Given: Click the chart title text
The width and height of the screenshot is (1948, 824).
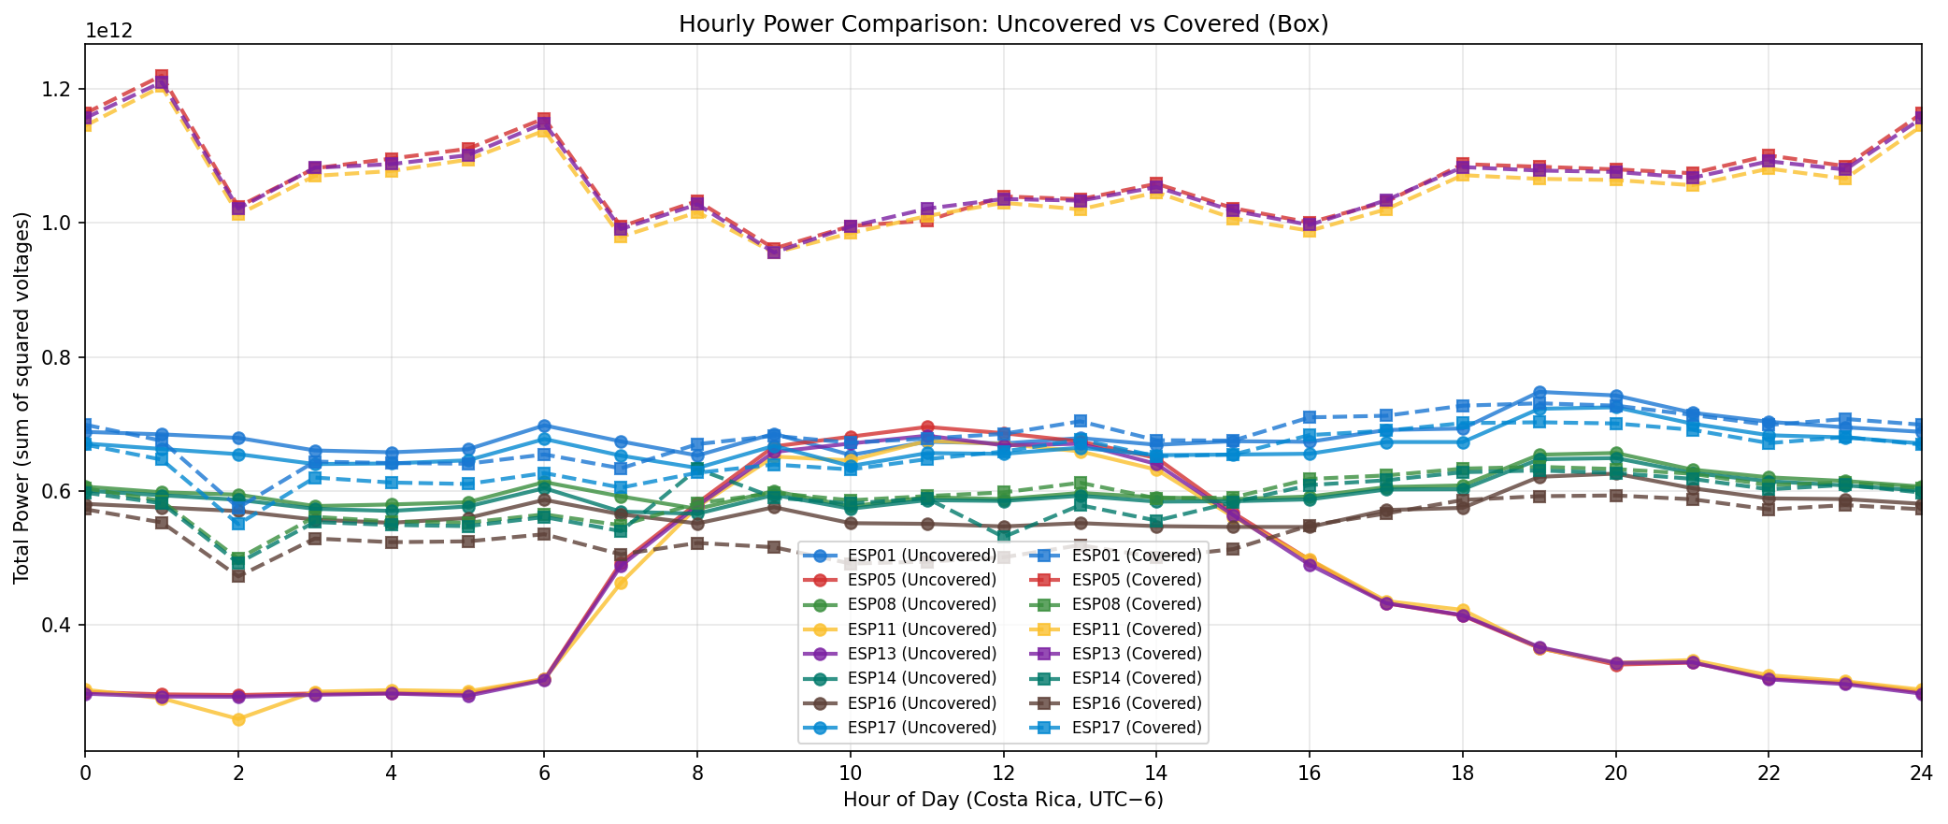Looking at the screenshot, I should (x=1003, y=24).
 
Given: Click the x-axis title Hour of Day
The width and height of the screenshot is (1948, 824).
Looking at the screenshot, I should (x=1003, y=801).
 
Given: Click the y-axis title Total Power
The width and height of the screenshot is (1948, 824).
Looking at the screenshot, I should (x=22, y=398).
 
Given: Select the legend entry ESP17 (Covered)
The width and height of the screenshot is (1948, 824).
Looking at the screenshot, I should (x=1136, y=728).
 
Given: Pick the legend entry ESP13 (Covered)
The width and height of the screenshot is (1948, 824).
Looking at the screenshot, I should (x=1136, y=654).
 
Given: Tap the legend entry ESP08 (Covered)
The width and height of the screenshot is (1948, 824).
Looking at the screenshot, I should (x=1136, y=605).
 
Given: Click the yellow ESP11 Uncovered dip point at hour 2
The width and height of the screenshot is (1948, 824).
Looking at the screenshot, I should (x=238, y=719).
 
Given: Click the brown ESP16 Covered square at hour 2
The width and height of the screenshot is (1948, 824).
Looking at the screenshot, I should (x=238, y=576).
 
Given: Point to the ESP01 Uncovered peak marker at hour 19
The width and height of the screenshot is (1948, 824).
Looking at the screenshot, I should (x=1539, y=392).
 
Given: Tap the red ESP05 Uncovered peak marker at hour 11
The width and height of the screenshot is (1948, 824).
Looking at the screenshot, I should (x=926, y=426).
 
